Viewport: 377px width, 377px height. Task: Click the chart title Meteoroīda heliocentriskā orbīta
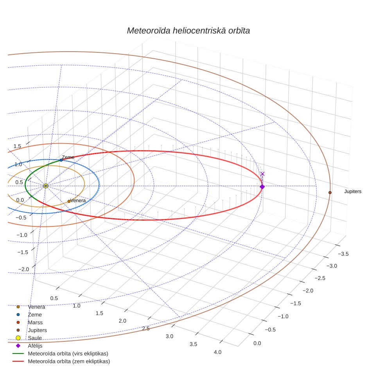188,31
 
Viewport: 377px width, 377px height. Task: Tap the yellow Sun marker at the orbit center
46,186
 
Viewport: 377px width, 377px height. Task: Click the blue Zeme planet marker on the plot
61,160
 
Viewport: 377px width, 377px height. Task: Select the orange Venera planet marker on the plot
69,201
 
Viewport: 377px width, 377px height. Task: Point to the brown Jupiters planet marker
330,192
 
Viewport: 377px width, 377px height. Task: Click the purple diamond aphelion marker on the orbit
262,187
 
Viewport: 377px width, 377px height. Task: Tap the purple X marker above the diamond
262,174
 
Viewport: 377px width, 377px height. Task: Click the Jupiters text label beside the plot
353,191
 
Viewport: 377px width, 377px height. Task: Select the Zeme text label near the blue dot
68,157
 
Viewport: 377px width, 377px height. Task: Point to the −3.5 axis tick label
343,254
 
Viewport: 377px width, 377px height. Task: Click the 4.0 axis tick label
217,352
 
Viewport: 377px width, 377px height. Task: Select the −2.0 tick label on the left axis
23,269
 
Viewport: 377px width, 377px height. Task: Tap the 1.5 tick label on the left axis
17,146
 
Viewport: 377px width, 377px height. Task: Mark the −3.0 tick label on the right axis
332,266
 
